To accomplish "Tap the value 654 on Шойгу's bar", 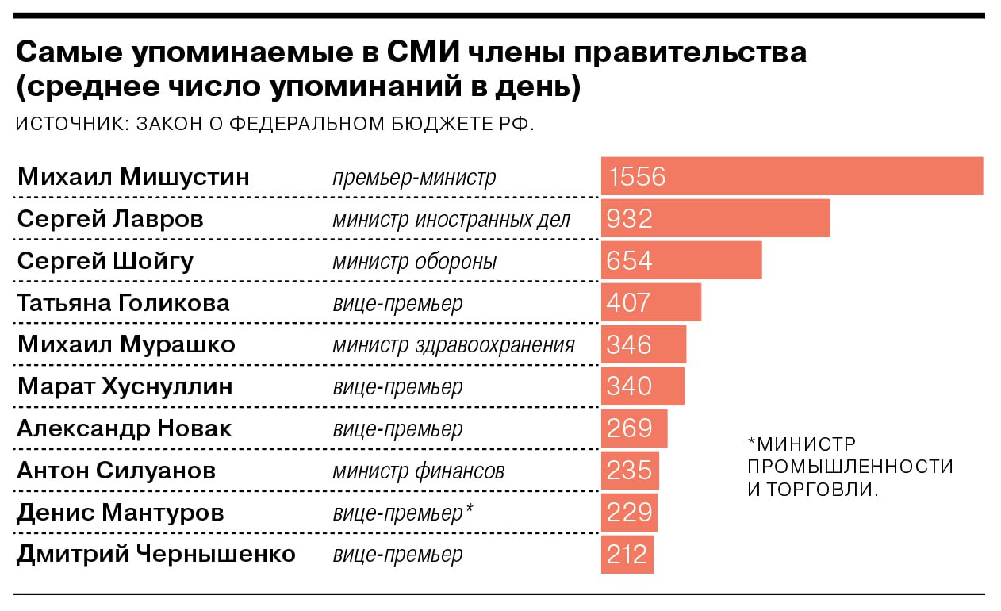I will coord(629,260).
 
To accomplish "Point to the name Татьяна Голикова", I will coord(123,302).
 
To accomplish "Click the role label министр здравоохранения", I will coord(453,345).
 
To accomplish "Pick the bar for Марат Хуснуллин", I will coord(642,386).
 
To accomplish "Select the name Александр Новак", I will coord(124,428).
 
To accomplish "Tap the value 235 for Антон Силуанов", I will coord(629,471).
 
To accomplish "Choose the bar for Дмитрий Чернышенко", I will coord(627,555).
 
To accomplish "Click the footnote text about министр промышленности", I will coord(850,467).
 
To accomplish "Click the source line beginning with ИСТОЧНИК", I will coord(274,125).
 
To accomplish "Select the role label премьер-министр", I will coord(414,177).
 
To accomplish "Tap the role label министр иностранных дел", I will coord(451,219).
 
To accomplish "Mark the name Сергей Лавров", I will coord(110,218).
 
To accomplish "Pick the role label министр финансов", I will coord(418,471).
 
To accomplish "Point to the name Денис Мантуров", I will coord(120,513).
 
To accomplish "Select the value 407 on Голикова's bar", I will coord(628,302).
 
